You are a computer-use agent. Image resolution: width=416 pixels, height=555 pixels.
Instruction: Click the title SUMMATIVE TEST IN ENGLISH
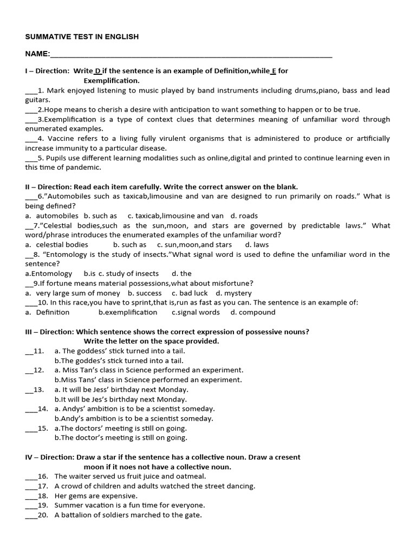coord(82,37)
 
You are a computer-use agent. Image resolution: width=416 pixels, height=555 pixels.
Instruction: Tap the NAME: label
coord(37,54)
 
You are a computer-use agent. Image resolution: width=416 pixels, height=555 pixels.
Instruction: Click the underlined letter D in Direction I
coord(98,71)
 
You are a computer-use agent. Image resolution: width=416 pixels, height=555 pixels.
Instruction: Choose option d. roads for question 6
coord(244,215)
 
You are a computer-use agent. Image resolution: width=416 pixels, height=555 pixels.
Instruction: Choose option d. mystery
coord(233,293)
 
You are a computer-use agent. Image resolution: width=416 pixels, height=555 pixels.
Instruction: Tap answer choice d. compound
coord(253,312)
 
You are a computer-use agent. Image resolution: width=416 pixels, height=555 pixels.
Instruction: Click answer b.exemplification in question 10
coord(128,312)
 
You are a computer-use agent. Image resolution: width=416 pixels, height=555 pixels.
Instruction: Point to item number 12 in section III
coord(38,370)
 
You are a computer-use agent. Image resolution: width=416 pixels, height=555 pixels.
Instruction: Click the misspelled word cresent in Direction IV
coord(287,457)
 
